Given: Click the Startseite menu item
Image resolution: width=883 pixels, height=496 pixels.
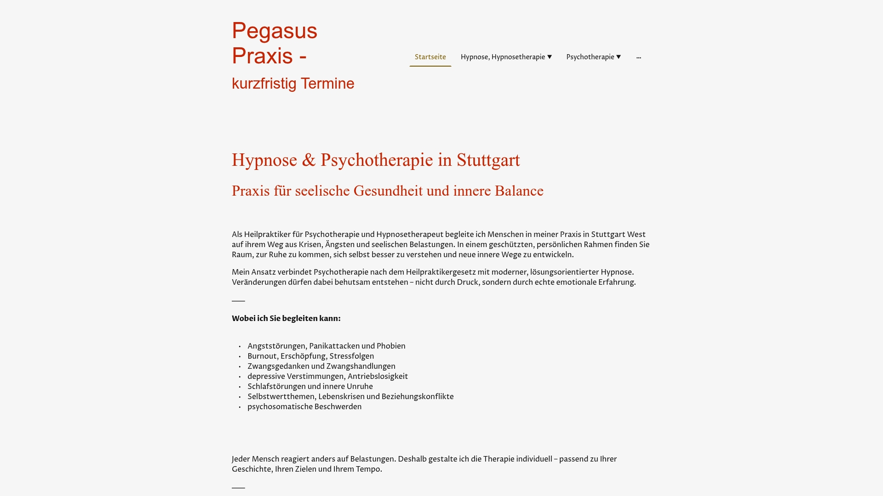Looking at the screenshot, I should click(430, 57).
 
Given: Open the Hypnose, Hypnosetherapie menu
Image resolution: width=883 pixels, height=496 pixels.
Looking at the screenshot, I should click(502, 57).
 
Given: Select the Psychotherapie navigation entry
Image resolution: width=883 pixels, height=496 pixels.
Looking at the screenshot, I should click(590, 57).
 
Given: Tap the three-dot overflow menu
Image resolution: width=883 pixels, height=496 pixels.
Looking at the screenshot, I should click(638, 57).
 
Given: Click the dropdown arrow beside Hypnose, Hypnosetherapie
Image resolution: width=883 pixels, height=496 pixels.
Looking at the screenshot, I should click(550, 57).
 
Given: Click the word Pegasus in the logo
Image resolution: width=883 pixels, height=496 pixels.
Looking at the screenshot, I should click(275, 31).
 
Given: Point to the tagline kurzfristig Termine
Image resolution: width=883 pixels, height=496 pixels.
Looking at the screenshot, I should click(293, 84).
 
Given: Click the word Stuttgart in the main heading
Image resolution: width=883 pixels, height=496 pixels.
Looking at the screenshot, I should click(488, 160).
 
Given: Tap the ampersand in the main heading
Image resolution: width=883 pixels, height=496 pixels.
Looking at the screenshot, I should click(309, 160).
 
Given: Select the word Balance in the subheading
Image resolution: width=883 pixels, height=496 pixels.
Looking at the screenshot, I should click(519, 191).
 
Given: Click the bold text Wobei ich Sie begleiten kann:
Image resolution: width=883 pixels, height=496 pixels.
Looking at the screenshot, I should click(286, 319).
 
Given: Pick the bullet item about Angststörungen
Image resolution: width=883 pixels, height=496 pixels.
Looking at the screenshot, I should click(326, 346).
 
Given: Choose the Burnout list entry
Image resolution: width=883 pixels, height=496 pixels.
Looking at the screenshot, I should click(310, 356).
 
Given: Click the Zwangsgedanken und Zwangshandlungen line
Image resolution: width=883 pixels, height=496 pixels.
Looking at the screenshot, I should click(321, 366).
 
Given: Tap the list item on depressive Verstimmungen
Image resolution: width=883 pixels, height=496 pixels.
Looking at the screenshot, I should click(327, 377).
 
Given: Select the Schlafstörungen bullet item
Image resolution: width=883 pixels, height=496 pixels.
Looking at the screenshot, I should click(310, 387).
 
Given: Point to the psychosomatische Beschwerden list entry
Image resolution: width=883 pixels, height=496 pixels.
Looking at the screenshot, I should click(304, 407).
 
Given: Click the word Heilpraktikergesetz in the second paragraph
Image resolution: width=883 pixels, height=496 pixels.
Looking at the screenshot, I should click(441, 272).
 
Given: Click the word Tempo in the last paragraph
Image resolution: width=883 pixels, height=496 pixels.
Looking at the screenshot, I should click(368, 469).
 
